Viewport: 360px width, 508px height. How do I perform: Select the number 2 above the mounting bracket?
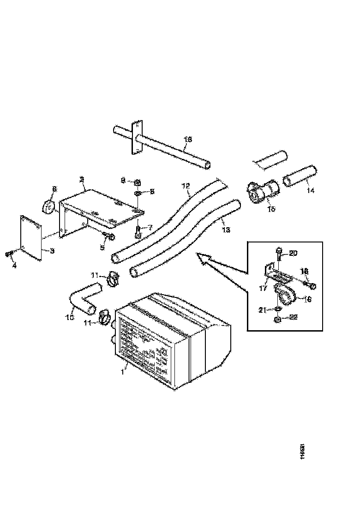pos(81,179)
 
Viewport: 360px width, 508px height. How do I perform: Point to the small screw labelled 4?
pos(8,253)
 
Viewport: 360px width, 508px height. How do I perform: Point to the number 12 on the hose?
pos(186,186)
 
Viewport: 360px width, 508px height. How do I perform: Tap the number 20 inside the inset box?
pos(294,253)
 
